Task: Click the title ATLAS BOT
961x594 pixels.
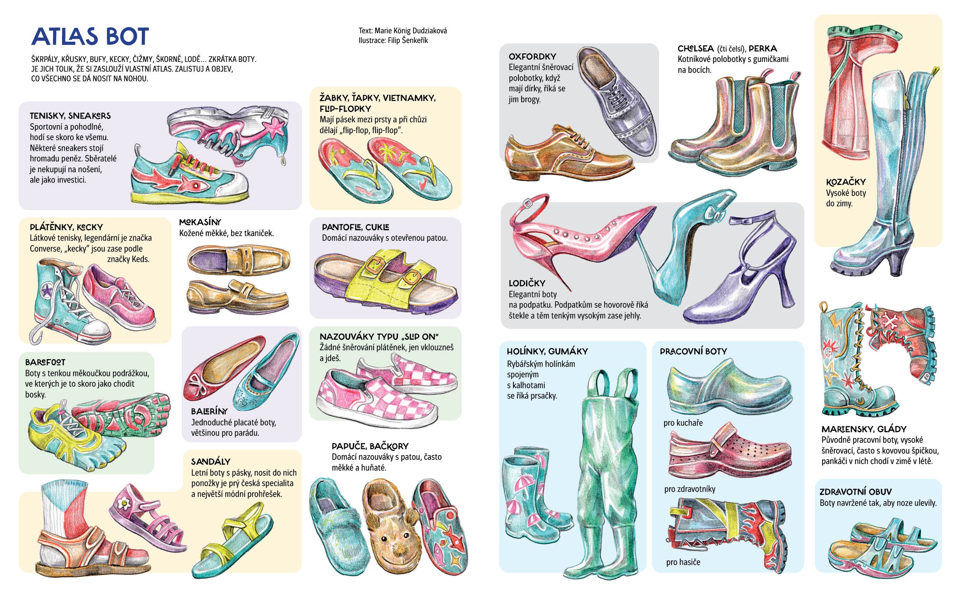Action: tap(90, 36)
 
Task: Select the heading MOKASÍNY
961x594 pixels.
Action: tap(200, 222)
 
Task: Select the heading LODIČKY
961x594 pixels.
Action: tap(527, 283)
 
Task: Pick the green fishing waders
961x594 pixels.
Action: tap(606, 471)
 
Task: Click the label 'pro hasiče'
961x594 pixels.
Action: tap(683, 562)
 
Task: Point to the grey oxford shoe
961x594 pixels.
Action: tap(618, 102)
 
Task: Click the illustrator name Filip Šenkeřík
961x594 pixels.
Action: tap(408, 41)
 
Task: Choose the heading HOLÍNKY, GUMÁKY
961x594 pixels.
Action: tap(547, 351)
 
